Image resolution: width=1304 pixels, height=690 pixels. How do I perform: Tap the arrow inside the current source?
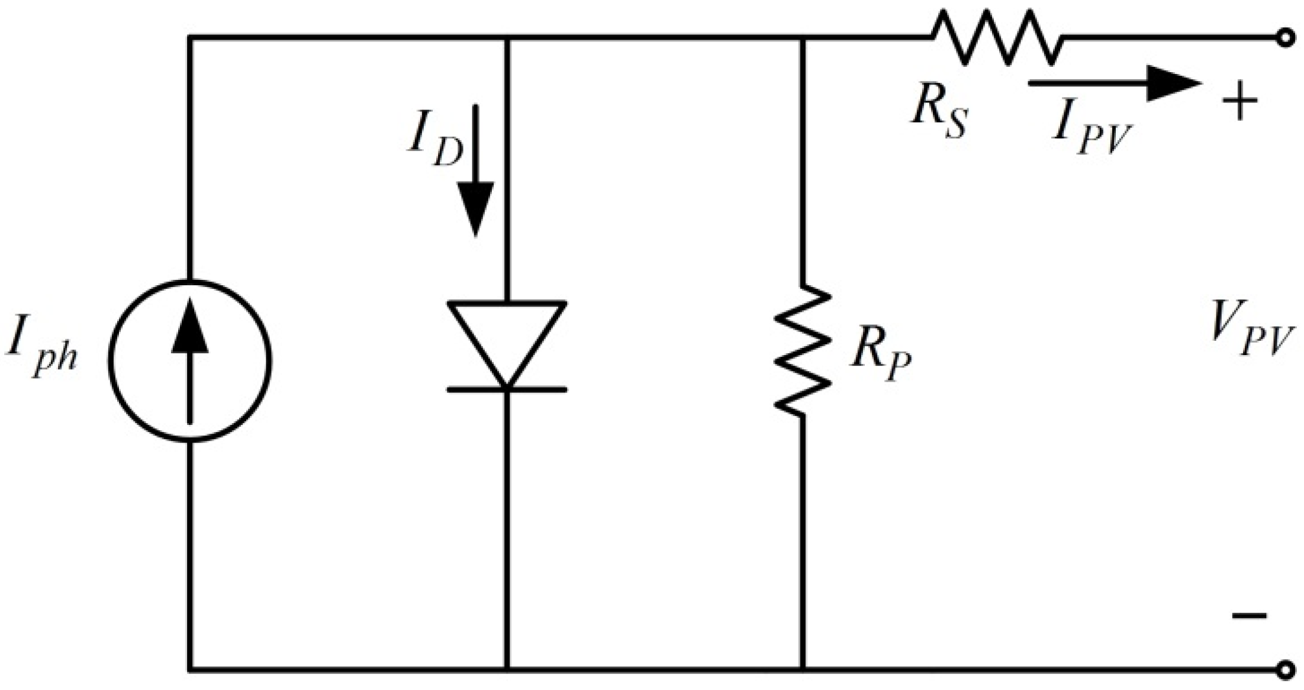pyautogui.click(x=190, y=361)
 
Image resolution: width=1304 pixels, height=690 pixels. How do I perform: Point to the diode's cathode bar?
pyautogui.click(x=507, y=389)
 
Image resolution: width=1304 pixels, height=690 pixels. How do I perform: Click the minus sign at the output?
pyautogui.click(x=1250, y=615)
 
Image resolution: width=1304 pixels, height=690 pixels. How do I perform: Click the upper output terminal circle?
pyautogui.click(x=1284, y=38)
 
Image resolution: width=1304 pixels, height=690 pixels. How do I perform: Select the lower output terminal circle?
pyautogui.click(x=1284, y=670)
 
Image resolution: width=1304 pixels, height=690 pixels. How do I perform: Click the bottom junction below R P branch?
pyautogui.click(x=803, y=670)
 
